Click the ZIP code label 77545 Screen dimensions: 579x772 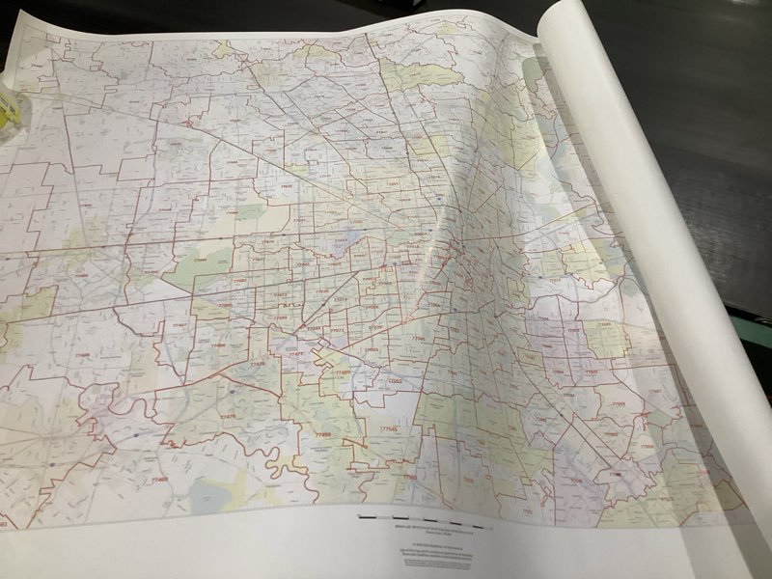[389, 428]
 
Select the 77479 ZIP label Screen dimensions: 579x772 [228, 416]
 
